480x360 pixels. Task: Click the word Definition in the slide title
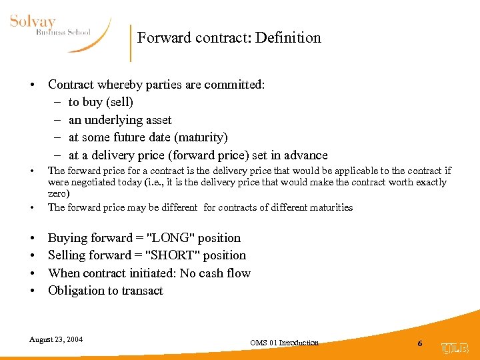pyautogui.click(x=289, y=38)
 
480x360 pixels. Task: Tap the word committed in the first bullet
pyautogui.click(x=231, y=85)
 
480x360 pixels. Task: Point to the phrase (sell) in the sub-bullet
pyautogui.click(x=120, y=102)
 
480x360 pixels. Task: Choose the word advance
pyautogui.click(x=305, y=155)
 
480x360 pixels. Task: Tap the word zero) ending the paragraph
pyautogui.click(x=59, y=193)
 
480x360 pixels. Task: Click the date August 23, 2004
pyautogui.click(x=56, y=339)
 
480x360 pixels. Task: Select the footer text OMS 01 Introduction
pyautogui.click(x=284, y=343)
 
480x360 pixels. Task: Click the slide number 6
pyautogui.click(x=420, y=343)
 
